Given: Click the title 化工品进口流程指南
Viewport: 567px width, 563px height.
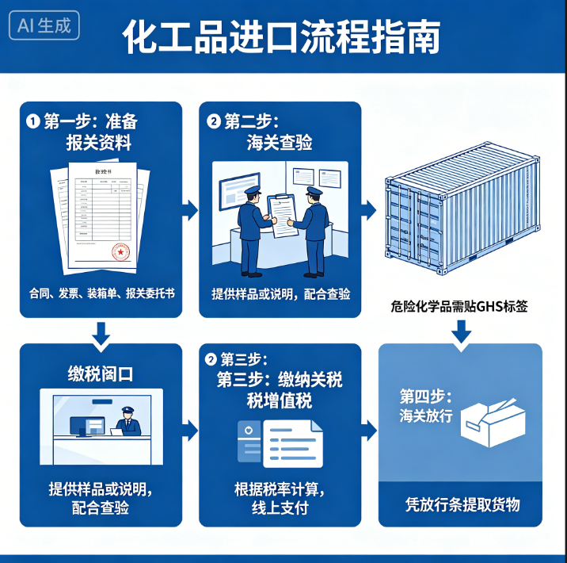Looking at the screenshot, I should coord(281,37).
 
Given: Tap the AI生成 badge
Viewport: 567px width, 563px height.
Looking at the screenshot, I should coord(45,25).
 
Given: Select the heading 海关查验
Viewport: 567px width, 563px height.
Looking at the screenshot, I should coord(280,143).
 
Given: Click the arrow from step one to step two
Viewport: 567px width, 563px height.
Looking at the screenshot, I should coord(190,210).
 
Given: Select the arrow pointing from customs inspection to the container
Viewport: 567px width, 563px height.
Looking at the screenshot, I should coord(370,210).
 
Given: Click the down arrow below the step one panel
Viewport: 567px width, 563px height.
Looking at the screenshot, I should coord(101,335).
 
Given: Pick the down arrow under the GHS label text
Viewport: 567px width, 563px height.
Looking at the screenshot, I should coord(461,333).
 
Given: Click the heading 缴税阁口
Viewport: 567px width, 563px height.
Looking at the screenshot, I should coord(101,373).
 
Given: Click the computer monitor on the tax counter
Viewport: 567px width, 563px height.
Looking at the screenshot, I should coord(86,426).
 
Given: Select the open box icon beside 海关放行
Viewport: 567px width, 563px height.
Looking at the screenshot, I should coord(490,419).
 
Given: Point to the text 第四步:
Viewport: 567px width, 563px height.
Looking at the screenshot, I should coord(426,396).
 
